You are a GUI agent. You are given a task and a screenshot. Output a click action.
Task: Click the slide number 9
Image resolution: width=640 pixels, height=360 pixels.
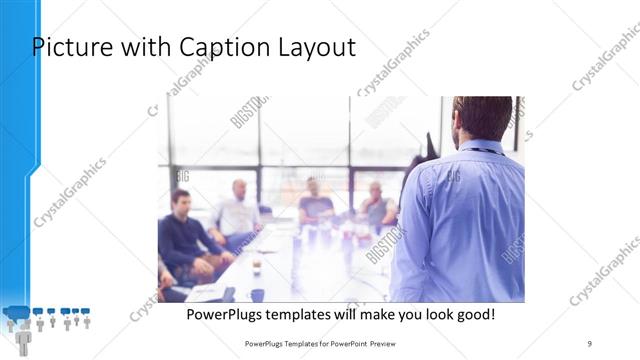[589, 343]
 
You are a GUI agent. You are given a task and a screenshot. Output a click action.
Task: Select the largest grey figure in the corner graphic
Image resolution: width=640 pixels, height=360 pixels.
[23, 338]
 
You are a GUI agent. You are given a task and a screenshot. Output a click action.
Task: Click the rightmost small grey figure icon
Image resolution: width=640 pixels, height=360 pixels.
[87, 323]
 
